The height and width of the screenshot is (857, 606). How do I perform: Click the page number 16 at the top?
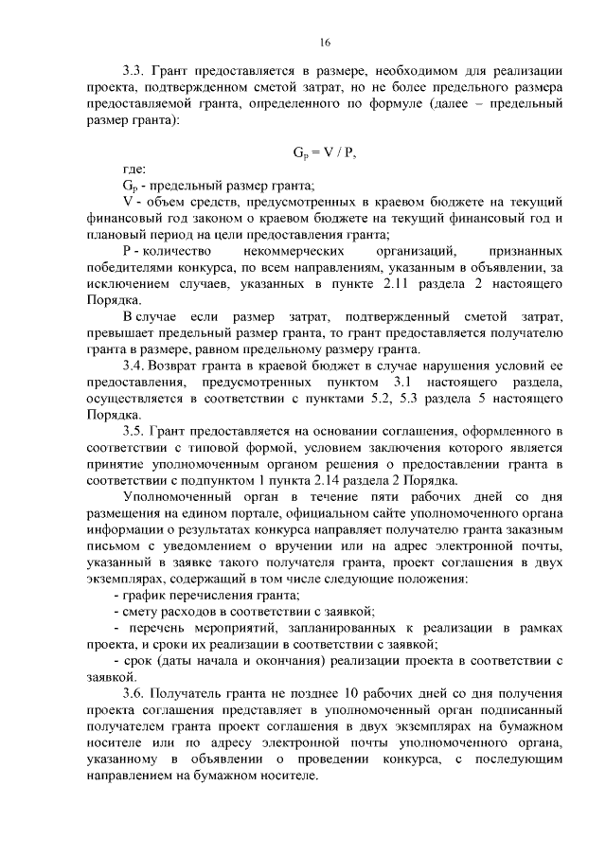pos(324,42)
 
